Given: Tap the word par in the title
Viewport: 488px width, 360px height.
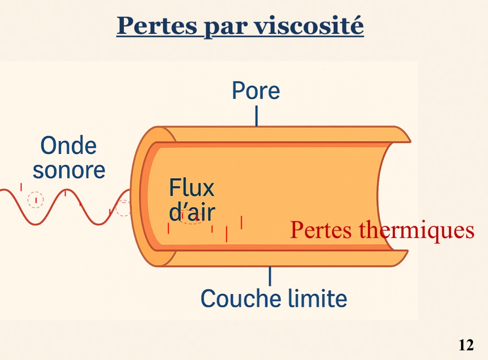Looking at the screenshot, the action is coord(225,27).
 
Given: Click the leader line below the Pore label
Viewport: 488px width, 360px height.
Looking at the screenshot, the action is coord(256,116).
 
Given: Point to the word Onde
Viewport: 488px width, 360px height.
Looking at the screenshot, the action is coord(68,146).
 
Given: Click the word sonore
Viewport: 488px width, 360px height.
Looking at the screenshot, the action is coord(69,170).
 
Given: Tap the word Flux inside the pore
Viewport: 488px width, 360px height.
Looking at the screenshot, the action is coord(191,188).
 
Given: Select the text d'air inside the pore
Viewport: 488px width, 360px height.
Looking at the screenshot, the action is coord(192,212).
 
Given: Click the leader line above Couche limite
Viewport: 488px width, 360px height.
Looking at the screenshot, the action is coord(270,276).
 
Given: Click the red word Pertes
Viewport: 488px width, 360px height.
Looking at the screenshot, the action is coord(321,230).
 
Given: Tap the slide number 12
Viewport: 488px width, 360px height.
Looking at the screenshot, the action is coord(466,345).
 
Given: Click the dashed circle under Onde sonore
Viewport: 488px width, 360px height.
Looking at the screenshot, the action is coord(35,200).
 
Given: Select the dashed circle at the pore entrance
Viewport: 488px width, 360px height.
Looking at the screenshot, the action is coord(123,208).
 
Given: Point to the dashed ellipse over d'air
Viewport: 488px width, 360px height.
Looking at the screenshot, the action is coord(191,217).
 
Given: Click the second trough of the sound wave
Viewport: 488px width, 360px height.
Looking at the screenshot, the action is coord(98,224).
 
